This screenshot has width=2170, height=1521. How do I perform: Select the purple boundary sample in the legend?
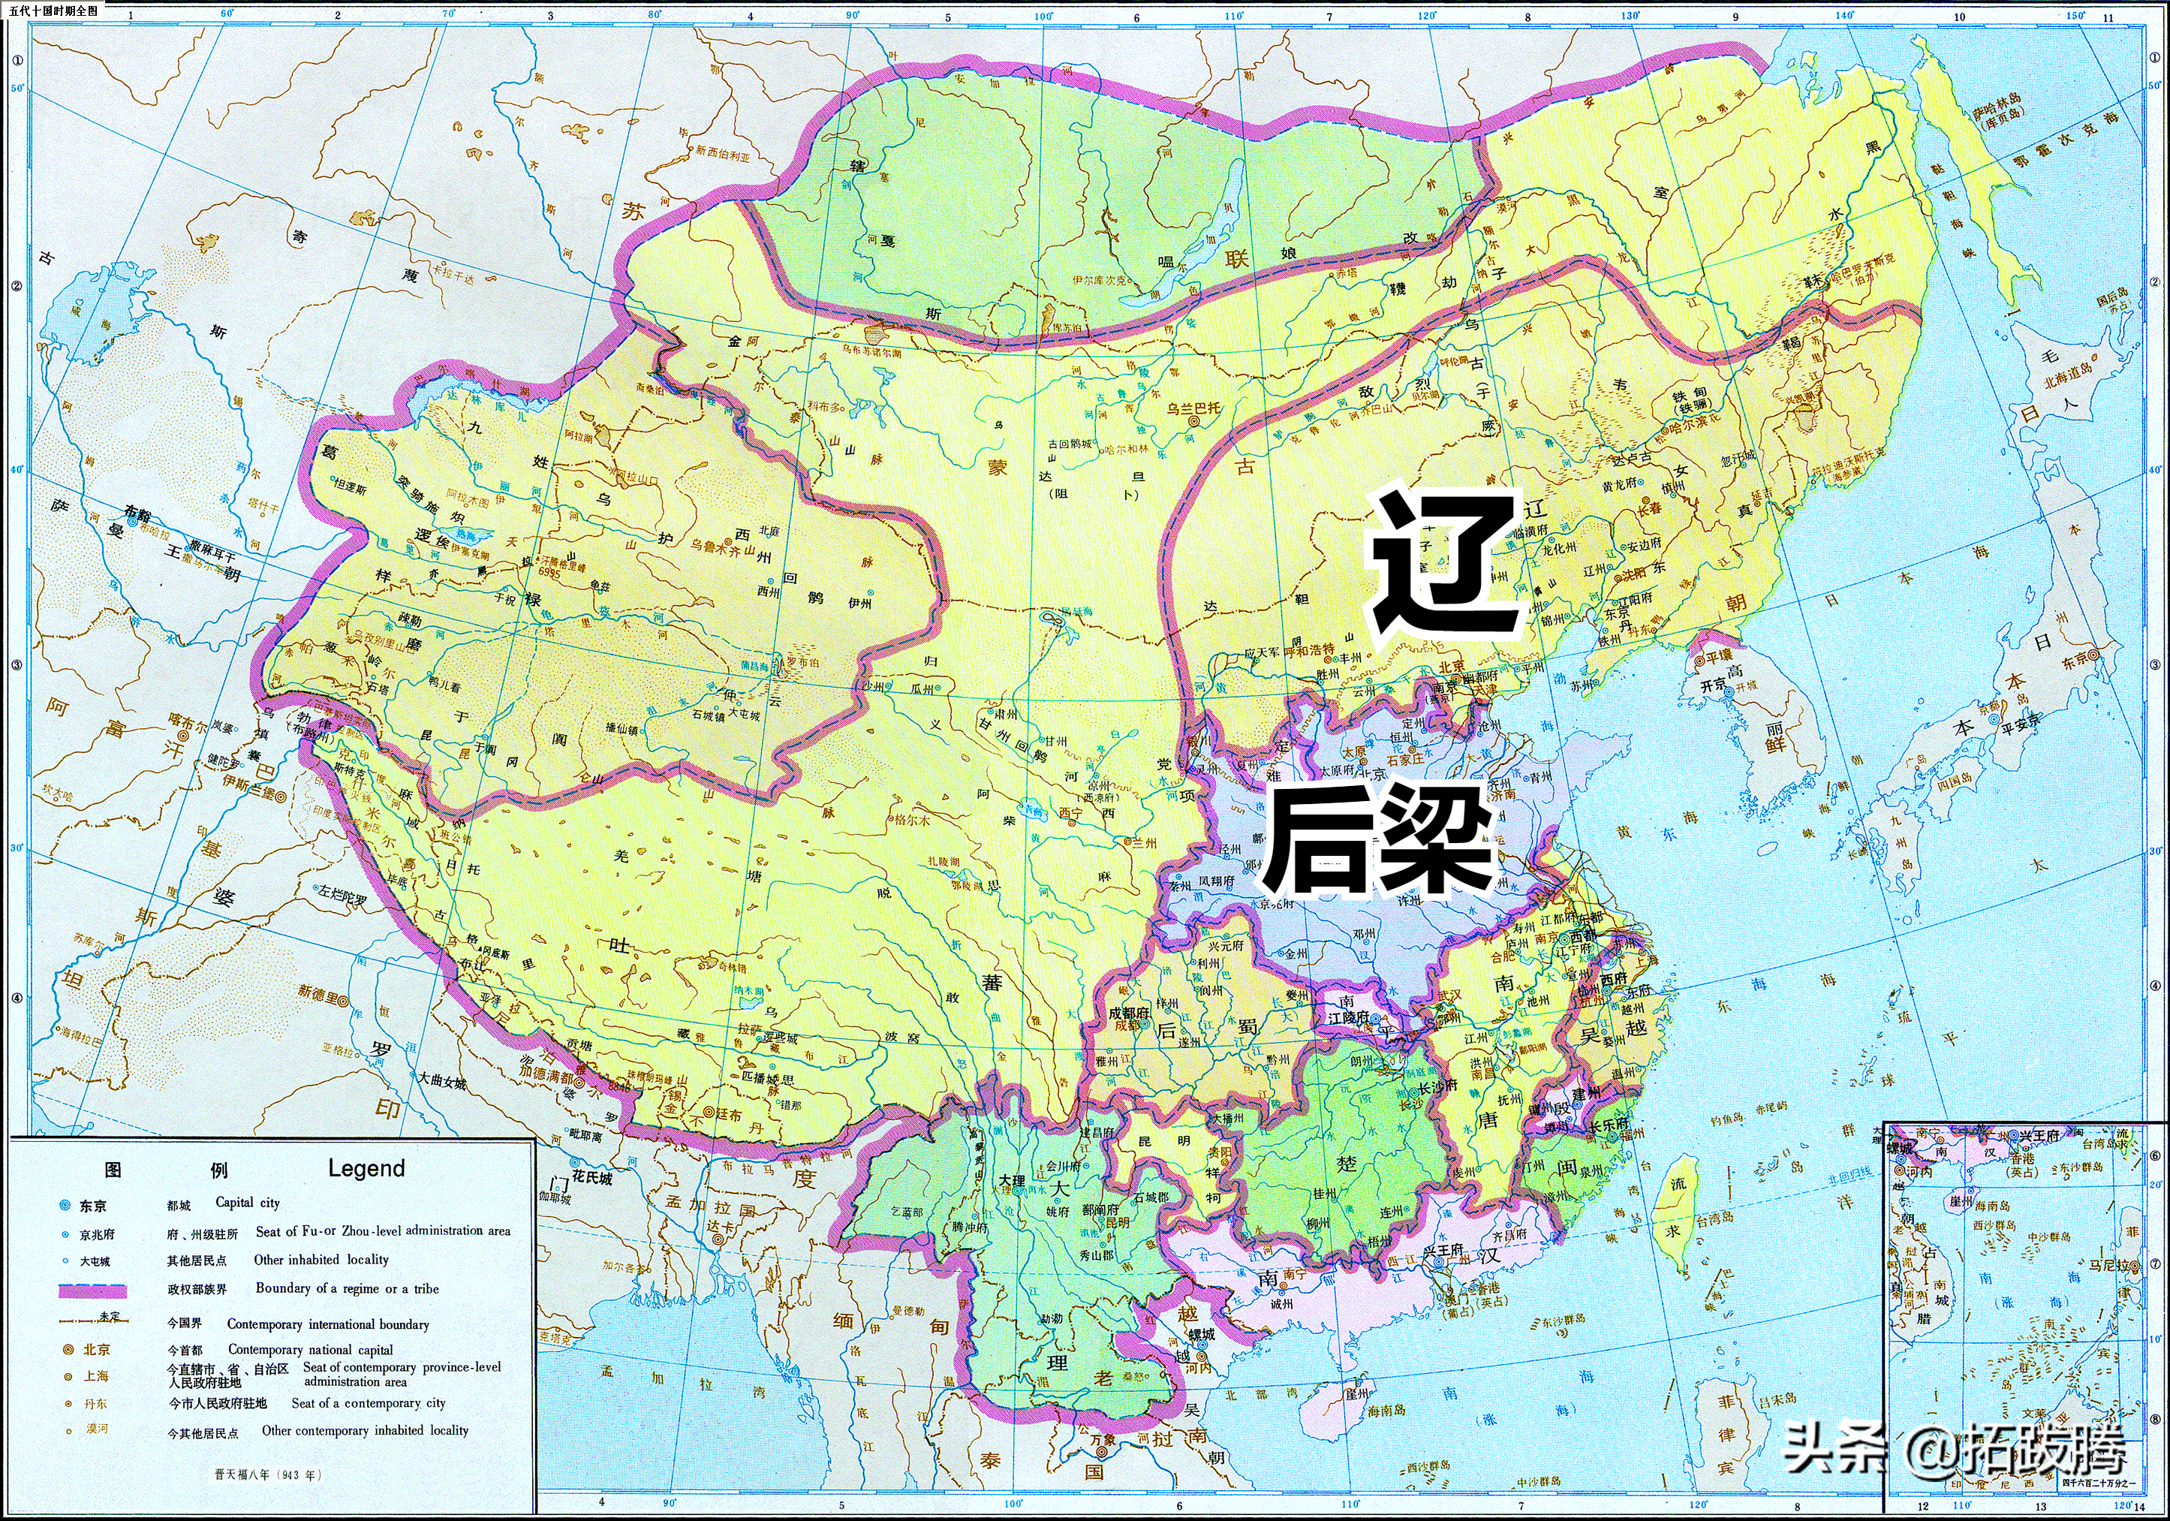coord(92,1290)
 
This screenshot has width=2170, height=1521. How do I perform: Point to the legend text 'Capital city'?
coord(248,1203)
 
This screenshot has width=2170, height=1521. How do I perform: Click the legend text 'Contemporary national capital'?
coord(310,1350)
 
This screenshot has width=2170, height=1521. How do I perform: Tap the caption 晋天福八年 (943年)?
coord(269,1474)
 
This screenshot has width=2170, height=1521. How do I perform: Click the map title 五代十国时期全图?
coord(53,11)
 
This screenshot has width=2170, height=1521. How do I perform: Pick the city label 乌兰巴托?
coord(1193,408)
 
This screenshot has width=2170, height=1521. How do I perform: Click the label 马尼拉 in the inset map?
coord(2108,1265)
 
